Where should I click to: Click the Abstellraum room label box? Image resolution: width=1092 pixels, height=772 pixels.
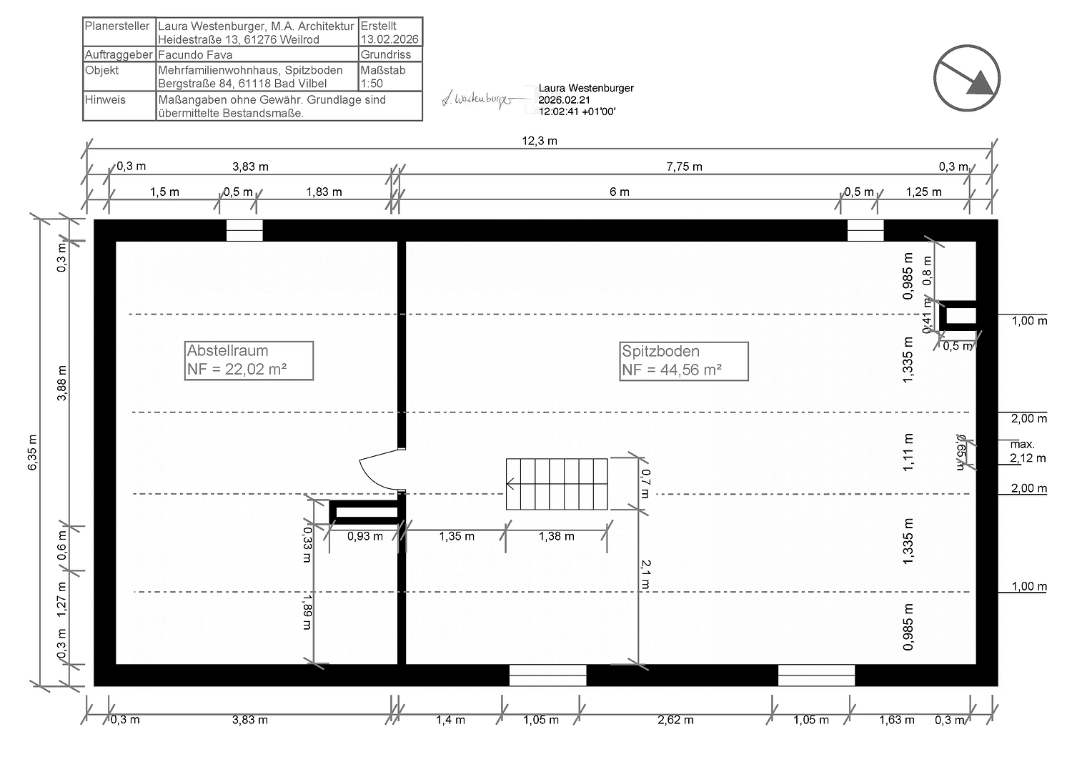tap(249, 360)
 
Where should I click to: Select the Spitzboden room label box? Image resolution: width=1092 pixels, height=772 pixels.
tap(683, 361)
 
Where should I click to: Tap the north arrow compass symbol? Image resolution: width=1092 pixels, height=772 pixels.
tap(966, 78)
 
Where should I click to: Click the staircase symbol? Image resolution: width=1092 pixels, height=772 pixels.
tap(557, 484)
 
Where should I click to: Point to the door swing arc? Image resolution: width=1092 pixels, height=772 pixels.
tap(379, 472)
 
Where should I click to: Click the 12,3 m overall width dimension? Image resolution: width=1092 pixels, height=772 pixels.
tap(540, 141)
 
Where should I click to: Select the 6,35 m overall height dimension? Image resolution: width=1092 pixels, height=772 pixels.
tap(33, 453)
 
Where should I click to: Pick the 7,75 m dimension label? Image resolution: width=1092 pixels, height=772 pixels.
tap(684, 167)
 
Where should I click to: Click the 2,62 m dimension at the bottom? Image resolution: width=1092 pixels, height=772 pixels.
tap(675, 720)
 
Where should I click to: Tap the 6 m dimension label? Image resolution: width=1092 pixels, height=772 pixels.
tap(620, 192)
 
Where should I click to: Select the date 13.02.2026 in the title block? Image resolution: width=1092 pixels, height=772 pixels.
tap(389, 40)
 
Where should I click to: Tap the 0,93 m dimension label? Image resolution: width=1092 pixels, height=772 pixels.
tap(364, 536)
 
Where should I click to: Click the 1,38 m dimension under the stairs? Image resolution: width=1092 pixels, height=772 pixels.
tap(556, 536)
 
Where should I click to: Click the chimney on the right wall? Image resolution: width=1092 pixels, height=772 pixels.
tap(960, 316)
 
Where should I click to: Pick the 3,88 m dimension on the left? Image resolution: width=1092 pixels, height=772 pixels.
tap(62, 383)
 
